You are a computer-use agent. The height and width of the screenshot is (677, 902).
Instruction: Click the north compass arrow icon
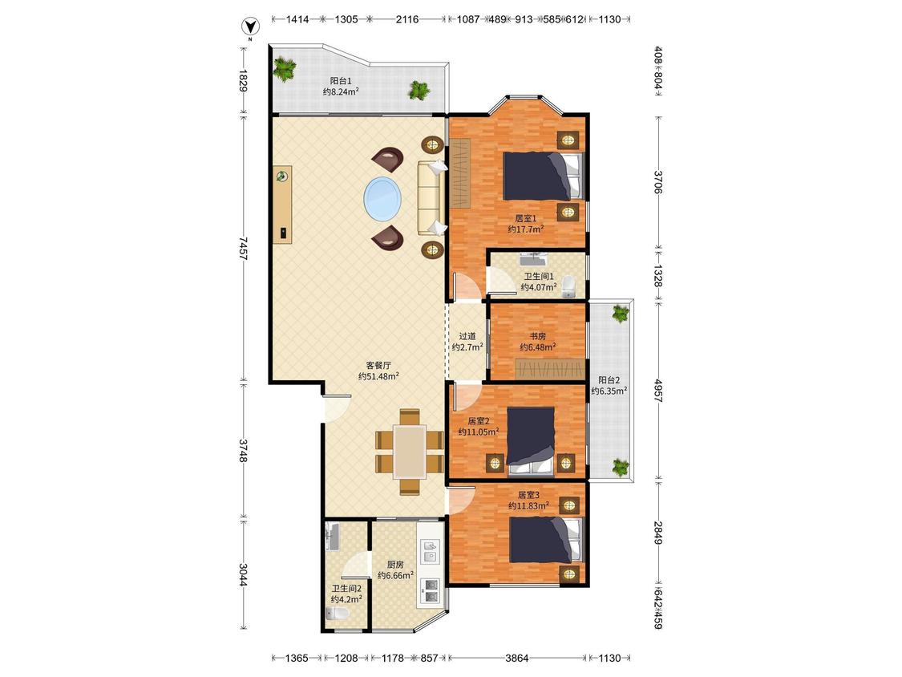[x=249, y=26]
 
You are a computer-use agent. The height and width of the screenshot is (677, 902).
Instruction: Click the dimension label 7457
[x=243, y=248]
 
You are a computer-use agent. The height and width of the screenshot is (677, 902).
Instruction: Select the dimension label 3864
[x=516, y=658]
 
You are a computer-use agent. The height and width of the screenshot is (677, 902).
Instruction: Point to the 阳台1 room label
[x=341, y=81]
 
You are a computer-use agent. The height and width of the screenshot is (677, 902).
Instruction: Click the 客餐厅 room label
[x=378, y=365]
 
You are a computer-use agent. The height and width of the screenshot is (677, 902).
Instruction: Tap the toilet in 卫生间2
[x=338, y=613]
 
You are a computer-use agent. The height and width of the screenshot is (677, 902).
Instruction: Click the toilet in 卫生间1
[x=568, y=286]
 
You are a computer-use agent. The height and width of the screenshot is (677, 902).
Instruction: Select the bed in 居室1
[x=544, y=176]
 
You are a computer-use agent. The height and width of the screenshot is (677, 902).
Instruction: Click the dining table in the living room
[x=411, y=452]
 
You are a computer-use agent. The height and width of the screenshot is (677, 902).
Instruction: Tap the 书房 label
[x=537, y=336]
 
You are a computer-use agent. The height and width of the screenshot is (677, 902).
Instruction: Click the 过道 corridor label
[x=467, y=336]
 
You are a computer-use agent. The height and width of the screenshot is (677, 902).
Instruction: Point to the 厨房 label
[x=395, y=565]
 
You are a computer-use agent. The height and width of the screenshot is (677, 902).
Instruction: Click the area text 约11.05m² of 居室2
[x=479, y=432]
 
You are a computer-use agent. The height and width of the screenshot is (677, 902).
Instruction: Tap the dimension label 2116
[x=407, y=19]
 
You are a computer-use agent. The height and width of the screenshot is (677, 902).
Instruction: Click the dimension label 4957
[x=658, y=390]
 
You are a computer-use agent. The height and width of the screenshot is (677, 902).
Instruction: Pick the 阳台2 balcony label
[x=609, y=380]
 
